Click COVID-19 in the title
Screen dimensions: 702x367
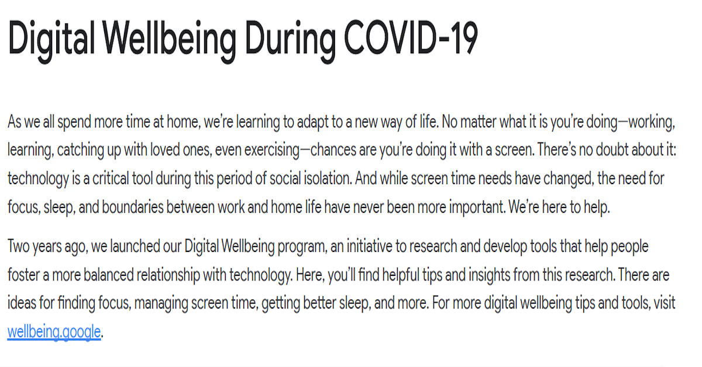tap(411, 38)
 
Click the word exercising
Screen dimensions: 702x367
tap(271, 150)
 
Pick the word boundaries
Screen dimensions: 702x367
tap(133, 207)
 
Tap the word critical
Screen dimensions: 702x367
tap(111, 178)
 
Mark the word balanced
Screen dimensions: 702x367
tap(109, 275)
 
